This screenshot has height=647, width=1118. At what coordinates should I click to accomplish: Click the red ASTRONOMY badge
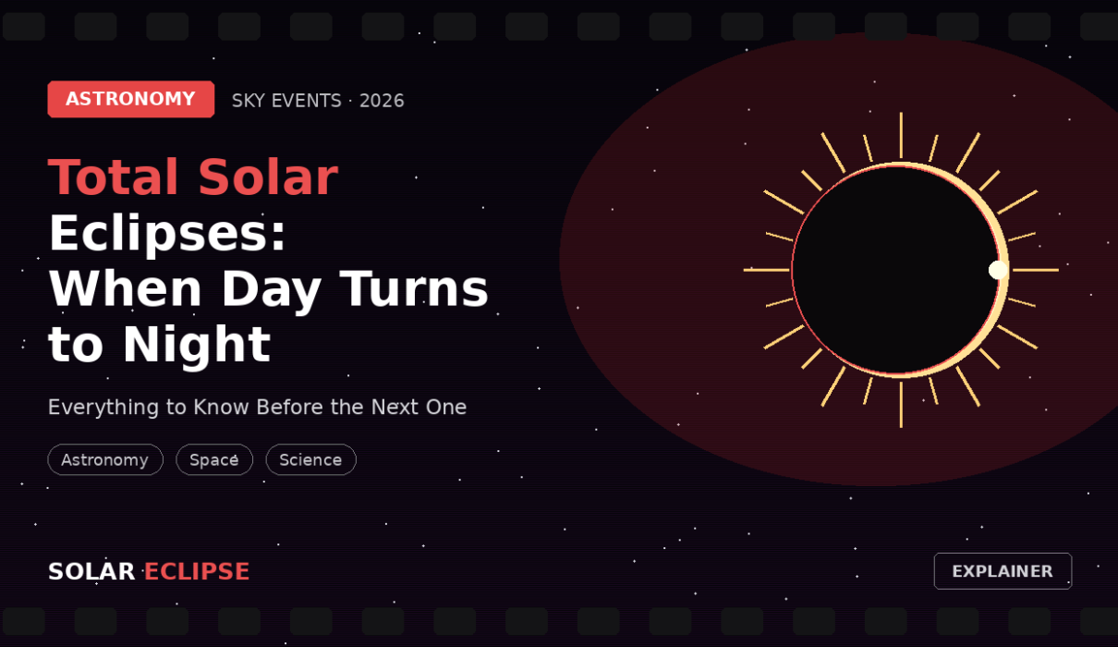(x=131, y=99)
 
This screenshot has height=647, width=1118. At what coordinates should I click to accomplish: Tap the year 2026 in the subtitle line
(x=382, y=101)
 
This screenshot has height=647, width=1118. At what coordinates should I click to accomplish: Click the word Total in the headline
(x=114, y=177)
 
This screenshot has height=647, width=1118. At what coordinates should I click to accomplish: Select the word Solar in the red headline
(x=268, y=177)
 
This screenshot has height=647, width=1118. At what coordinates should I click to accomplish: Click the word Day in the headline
(x=271, y=289)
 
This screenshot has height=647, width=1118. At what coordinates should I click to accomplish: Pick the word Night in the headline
(x=197, y=346)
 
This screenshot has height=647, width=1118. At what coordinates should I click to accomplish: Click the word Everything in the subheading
(x=103, y=408)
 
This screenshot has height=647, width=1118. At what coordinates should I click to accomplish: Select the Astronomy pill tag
(x=105, y=459)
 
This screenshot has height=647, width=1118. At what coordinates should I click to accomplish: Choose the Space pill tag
(x=214, y=459)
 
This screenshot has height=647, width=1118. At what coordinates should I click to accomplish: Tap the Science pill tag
(x=311, y=459)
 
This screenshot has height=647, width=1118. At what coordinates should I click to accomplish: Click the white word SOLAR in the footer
(x=91, y=571)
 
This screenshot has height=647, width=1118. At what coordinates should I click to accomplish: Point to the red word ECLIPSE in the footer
(x=197, y=571)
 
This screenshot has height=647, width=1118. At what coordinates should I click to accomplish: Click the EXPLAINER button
(x=1003, y=571)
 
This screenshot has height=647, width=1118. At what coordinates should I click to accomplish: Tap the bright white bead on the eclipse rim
(x=998, y=270)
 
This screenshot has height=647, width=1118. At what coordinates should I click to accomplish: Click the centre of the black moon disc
(x=896, y=270)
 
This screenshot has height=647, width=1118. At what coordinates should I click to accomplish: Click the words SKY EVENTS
(x=286, y=101)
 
